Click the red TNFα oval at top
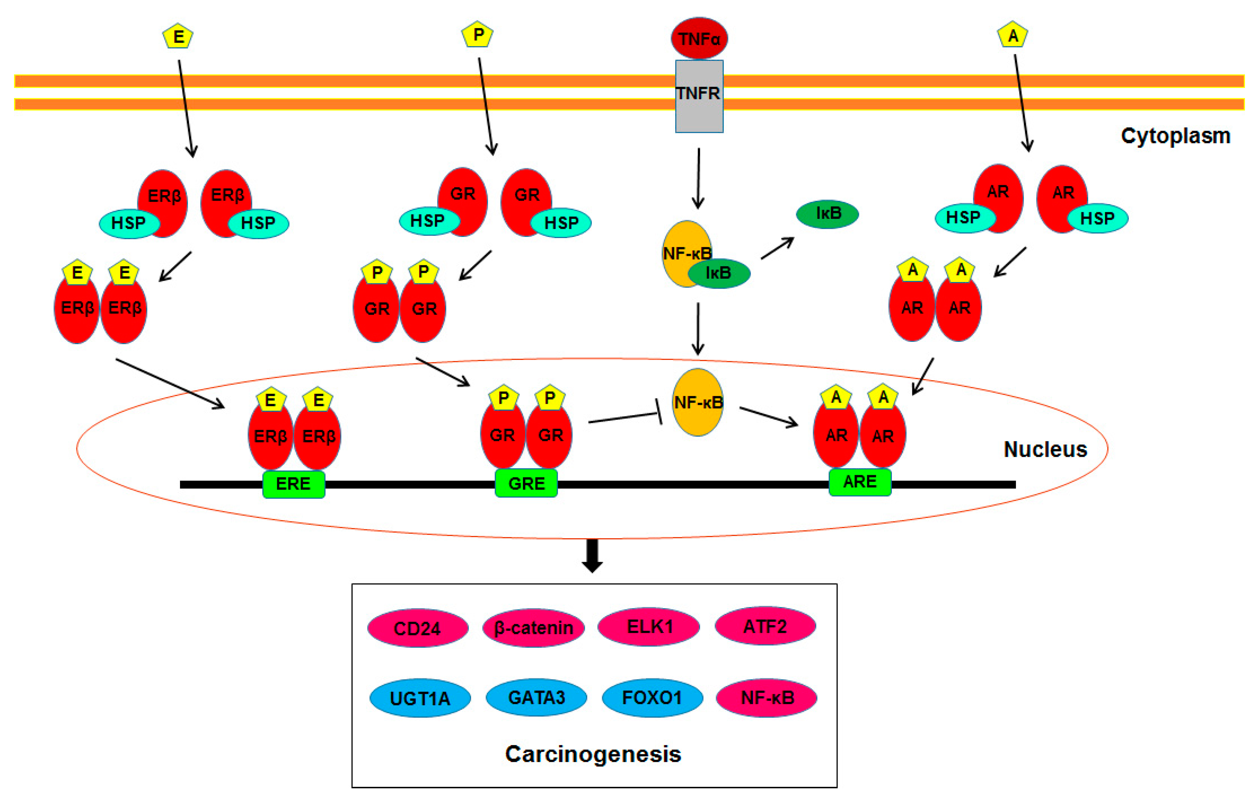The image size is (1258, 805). click(699, 38)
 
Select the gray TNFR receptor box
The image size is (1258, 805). click(699, 97)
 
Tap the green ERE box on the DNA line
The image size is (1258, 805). click(294, 484)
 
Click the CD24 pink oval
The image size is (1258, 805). click(417, 628)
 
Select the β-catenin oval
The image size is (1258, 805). click(533, 627)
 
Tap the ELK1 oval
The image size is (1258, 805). click(649, 626)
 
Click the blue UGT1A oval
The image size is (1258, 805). click(420, 698)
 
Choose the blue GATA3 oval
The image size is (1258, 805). click(537, 697)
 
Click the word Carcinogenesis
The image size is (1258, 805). click(593, 754)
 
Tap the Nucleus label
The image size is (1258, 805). click(1045, 449)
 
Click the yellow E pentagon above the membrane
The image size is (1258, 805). click(178, 37)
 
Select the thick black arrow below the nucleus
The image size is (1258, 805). click(592, 555)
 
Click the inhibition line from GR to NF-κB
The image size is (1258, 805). click(624, 418)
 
